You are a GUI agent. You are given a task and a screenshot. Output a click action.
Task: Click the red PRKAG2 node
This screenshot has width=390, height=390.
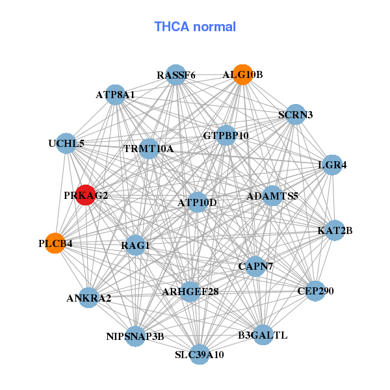pos(86,194)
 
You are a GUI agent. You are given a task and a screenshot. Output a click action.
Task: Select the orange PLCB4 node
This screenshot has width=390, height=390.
pos(56,243)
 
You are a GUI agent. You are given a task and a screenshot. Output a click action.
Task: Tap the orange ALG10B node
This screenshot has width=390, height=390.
pos(242,75)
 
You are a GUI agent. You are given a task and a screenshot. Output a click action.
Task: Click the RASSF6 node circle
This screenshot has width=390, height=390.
pos(175,75)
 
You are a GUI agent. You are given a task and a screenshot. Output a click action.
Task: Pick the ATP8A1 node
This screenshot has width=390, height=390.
pos(115,95)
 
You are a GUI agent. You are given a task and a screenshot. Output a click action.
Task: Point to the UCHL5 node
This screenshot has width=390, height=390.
pos(66,143)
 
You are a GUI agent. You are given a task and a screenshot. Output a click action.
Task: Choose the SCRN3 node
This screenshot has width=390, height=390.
pos(296,114)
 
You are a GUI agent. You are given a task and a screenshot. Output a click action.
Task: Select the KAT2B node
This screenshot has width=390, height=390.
pos(335,230)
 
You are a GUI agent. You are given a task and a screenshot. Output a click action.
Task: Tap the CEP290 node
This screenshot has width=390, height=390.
pos(315,291)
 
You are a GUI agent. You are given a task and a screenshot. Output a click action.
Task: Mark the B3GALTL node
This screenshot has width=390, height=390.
pos(263,335)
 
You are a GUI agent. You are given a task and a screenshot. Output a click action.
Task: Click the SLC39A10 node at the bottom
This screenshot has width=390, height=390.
pos(200,354)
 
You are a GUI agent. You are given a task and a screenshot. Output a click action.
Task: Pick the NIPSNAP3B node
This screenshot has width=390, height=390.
pos(135,336)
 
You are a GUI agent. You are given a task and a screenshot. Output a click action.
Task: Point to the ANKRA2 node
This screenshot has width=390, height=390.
pos(89,298)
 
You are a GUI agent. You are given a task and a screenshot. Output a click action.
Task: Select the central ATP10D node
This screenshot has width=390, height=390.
pos(198,203)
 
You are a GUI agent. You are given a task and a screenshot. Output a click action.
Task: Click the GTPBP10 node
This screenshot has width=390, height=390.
pos(226,136)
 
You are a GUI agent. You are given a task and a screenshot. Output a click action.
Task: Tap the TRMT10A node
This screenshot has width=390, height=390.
pos(149,149)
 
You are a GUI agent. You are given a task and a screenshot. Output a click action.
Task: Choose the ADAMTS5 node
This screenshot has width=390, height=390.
pos(272,195)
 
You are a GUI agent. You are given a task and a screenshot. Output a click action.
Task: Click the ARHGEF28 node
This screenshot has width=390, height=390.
pos(190,291)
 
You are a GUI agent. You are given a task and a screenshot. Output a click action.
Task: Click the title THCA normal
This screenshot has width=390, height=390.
pos(195,27)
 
